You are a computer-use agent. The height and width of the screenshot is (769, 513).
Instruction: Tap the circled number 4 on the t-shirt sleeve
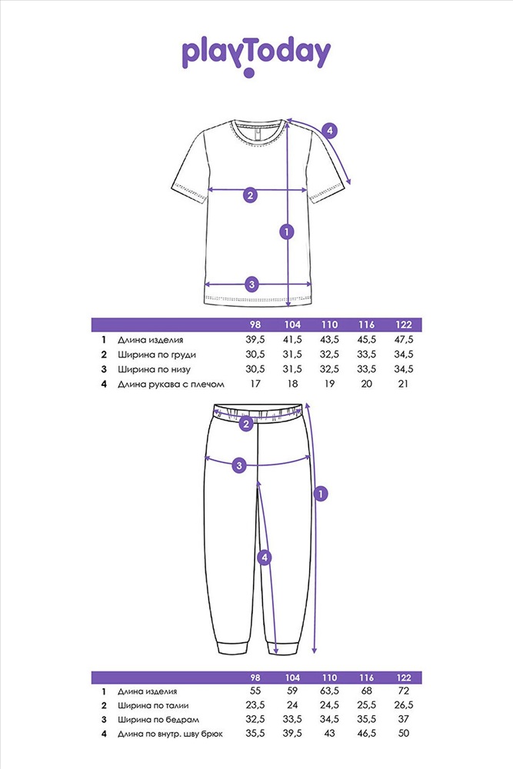(330, 131)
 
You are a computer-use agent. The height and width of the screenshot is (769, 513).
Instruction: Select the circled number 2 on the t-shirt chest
(250, 195)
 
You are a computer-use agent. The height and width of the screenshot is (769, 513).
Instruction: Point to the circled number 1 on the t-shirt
(286, 231)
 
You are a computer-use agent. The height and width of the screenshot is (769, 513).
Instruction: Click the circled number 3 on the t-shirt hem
(252, 284)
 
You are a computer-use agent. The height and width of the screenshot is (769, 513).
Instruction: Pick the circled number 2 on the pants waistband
(246, 424)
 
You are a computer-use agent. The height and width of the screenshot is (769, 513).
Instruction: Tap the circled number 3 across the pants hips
(239, 465)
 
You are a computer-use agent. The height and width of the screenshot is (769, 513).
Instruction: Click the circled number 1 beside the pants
(320, 494)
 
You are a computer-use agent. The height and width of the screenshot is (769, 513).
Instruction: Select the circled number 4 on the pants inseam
(265, 558)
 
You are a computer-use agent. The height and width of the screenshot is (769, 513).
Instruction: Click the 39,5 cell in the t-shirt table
(255, 339)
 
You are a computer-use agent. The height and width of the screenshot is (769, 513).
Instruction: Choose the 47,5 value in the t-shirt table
(404, 339)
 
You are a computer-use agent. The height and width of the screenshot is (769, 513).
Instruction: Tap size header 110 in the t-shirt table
(330, 325)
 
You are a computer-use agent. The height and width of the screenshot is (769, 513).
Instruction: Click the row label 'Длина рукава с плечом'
(171, 384)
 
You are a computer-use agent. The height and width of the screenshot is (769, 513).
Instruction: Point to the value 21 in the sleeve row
(403, 384)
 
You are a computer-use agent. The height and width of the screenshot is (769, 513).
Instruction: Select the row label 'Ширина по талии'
(153, 706)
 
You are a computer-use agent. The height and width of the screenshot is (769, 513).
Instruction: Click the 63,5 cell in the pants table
(330, 691)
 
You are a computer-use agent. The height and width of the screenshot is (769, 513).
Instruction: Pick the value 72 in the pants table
(404, 691)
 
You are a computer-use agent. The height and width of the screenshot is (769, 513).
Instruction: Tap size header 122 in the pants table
(404, 677)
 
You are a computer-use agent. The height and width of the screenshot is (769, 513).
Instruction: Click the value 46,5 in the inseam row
(366, 733)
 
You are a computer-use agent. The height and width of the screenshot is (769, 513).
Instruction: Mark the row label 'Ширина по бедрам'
(158, 720)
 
